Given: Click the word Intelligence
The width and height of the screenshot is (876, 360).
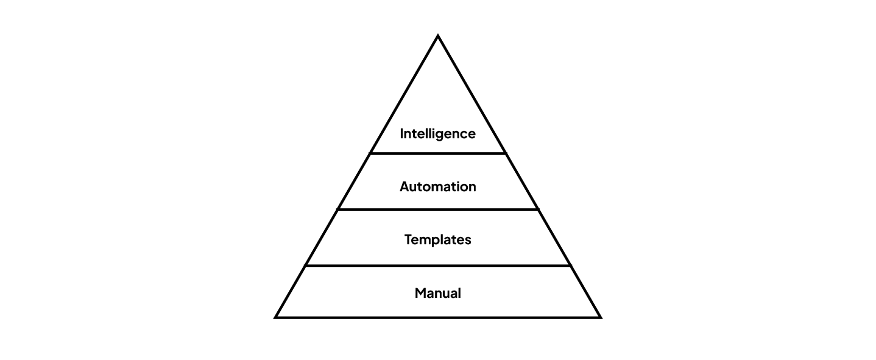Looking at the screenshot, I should tap(437, 133).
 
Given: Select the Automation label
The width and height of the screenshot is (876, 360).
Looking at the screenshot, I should tap(437, 186).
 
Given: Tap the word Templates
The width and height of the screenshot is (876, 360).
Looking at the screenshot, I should tap(437, 240).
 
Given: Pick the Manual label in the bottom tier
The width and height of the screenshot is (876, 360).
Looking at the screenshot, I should tap(437, 293).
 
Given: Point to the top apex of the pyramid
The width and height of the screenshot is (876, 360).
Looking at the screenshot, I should tap(438, 37).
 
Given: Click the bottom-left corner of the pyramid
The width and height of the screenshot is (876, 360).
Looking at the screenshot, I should tap(277, 317).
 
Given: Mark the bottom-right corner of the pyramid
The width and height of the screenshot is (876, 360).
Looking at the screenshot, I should tap(599, 317).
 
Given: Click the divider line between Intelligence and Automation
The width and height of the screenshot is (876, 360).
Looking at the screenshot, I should tap(437, 154).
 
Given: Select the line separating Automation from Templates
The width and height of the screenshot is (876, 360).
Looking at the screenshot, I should tap(437, 210).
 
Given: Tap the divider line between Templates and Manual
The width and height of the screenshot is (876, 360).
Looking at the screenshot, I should tap(437, 266).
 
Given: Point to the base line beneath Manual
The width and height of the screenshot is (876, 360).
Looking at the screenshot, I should tap(437, 317).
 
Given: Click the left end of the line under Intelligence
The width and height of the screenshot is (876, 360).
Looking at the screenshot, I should tap(371, 154).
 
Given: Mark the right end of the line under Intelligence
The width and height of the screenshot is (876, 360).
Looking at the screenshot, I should tap(505, 154).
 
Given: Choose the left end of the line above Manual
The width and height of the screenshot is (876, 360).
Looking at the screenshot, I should tap(306, 266).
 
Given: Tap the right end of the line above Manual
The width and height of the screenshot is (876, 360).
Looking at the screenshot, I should tap(570, 266).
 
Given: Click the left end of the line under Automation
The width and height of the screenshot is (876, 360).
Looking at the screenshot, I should tap(339, 210).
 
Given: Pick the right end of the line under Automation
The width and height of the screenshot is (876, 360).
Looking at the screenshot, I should tap(537, 210).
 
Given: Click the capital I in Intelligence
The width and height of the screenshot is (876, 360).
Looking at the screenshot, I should tap(402, 133).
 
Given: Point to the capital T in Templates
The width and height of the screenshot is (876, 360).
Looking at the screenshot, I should tap(408, 239).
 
